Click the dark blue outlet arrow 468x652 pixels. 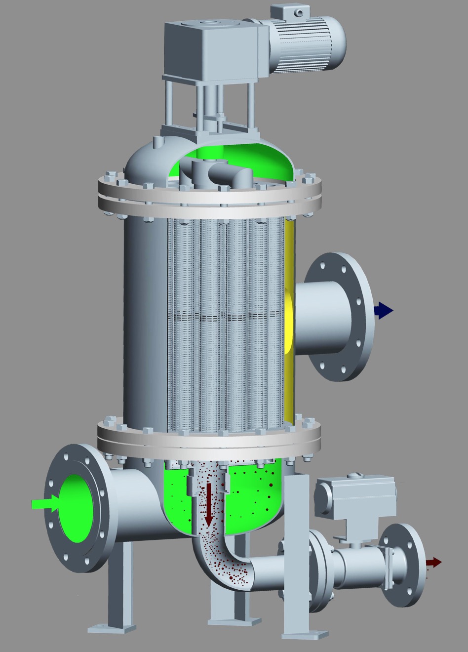[384, 311]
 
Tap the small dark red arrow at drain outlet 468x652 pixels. [433, 562]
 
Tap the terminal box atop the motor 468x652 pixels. [288, 11]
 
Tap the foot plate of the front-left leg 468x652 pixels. [112, 628]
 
